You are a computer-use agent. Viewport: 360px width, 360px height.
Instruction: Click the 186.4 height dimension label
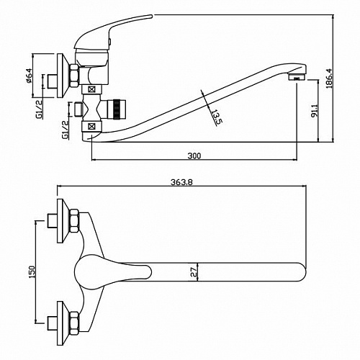tap(329, 78)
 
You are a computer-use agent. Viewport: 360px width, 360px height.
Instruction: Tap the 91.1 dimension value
tap(314, 110)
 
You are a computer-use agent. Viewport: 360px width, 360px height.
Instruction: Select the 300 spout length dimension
tap(194, 156)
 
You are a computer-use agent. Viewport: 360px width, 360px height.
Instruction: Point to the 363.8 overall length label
tap(181, 182)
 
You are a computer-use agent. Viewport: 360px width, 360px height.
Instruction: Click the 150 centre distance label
tap(32, 271)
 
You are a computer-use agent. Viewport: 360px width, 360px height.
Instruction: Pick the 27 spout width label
tap(194, 272)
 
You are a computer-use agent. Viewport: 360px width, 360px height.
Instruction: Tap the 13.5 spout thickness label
tap(215, 117)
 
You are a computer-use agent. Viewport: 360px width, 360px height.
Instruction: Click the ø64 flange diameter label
tap(29, 76)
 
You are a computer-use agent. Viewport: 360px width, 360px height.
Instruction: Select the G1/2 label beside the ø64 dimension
tap(39, 109)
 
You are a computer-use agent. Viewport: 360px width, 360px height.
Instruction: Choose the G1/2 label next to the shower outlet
tap(65, 130)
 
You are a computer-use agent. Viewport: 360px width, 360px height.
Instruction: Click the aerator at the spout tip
tap(297, 77)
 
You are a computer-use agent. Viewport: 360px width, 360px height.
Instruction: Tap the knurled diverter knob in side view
tap(117, 109)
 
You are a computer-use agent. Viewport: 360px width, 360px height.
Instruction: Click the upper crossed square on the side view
tap(91, 89)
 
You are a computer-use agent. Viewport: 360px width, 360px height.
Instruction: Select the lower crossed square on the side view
tap(91, 126)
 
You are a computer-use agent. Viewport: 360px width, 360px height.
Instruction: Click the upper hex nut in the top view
tap(74, 221)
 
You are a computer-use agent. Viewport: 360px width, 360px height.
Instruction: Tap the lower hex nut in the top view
tap(74, 323)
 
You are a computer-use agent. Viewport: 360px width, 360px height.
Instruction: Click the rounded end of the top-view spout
tap(302, 272)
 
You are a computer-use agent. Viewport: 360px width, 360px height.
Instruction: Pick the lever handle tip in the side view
tap(150, 16)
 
